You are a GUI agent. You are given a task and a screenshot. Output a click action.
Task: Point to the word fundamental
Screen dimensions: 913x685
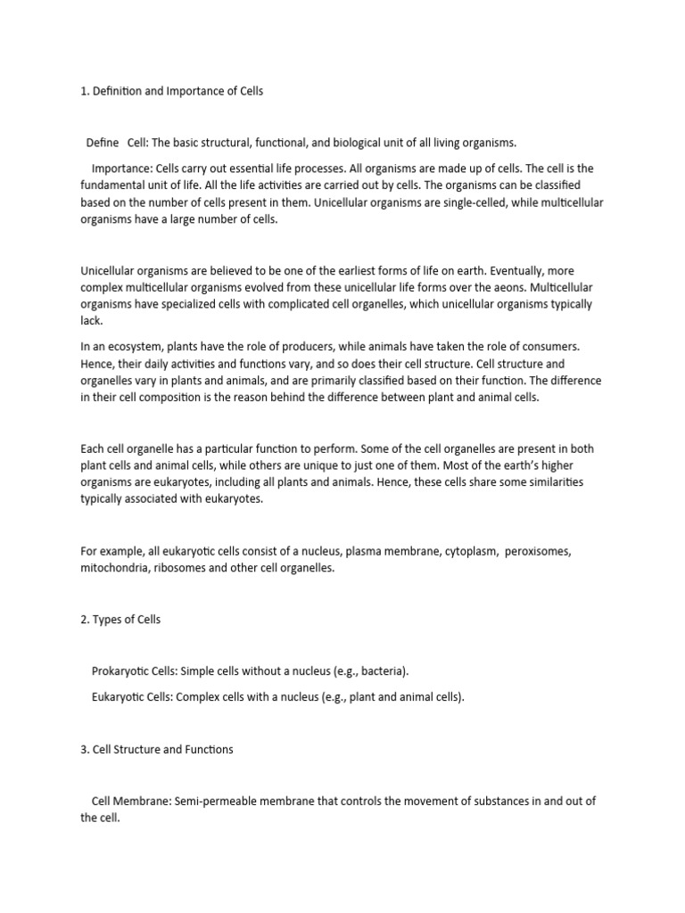pyautogui.click(x=113, y=185)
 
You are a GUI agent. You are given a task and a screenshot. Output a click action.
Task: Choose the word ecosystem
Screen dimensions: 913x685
pyautogui.click(x=134, y=346)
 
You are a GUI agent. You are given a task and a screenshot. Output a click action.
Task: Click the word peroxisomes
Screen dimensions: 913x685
pyautogui.click(x=538, y=551)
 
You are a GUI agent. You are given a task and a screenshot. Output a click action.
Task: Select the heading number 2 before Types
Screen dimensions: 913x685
pyautogui.click(x=84, y=620)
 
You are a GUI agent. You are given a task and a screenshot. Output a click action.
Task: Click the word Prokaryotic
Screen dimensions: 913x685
pyautogui.click(x=122, y=670)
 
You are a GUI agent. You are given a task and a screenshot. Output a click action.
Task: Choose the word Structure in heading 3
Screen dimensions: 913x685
pyautogui.click(x=136, y=750)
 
